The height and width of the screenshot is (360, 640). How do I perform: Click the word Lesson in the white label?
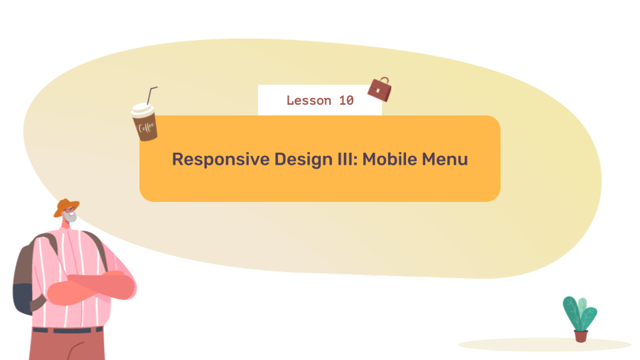309,101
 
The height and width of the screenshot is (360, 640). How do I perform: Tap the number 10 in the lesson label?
346,101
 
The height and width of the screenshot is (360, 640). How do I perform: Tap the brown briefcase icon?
379,89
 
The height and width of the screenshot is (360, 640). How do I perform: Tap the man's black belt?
67,330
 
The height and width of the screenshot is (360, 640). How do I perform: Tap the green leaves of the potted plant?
579,312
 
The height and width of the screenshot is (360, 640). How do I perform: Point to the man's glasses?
70,211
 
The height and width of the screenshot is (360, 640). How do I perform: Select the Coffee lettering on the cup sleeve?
145,127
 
